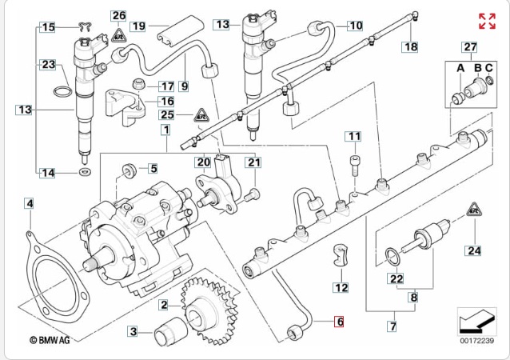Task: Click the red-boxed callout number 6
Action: point(339,322)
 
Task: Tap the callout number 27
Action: point(470,47)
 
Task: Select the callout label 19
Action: point(139,26)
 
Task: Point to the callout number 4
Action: point(30,204)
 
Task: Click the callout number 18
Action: point(410,47)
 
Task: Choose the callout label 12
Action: point(341,286)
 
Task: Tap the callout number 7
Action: point(392,326)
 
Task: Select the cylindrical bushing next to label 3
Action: point(170,330)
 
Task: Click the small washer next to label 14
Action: point(85,172)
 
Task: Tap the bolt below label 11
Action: point(354,166)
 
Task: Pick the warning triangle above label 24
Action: point(474,210)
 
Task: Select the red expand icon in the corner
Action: point(487,22)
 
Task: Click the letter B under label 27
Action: point(477,69)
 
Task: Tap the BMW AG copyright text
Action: point(50,340)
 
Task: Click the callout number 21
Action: point(254,163)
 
